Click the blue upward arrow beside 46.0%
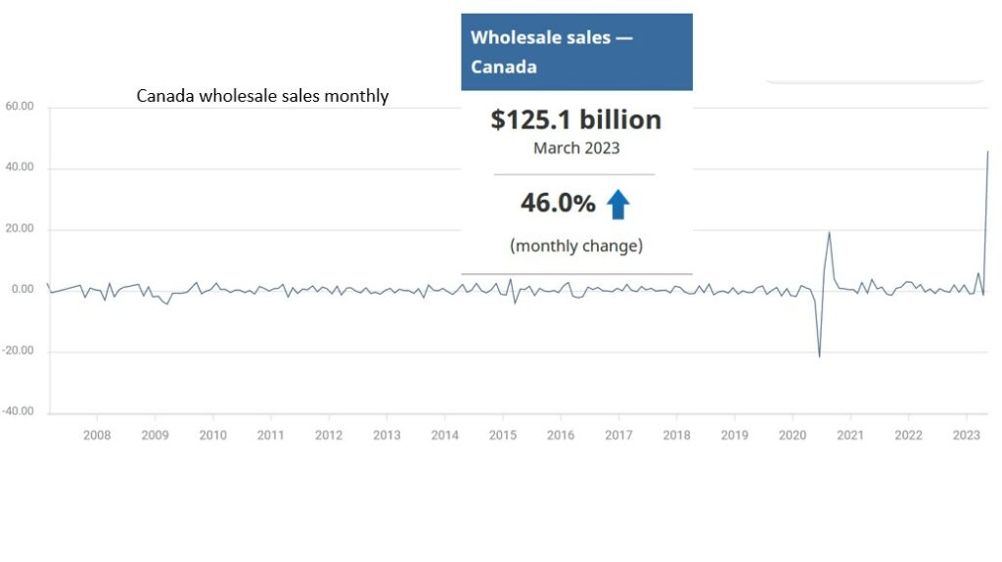click(617, 204)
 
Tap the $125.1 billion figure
click(575, 120)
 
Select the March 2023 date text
click(575, 149)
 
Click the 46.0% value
click(557, 204)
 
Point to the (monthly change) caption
click(575, 246)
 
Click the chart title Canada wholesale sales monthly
click(262, 96)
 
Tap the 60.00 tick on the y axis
click(20, 107)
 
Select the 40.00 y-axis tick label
click(20, 168)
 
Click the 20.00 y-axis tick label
click(20, 229)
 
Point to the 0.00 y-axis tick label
click(23, 290)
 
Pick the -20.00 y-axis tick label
click(18, 351)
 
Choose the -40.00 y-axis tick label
click(18, 411)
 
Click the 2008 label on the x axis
click(96, 435)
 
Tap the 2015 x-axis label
click(503, 435)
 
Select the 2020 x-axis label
click(793, 435)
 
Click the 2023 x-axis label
click(967, 435)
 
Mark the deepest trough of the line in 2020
click(819, 356)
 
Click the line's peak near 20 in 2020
click(829, 232)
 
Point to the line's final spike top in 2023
click(987, 152)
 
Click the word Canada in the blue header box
click(503, 68)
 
